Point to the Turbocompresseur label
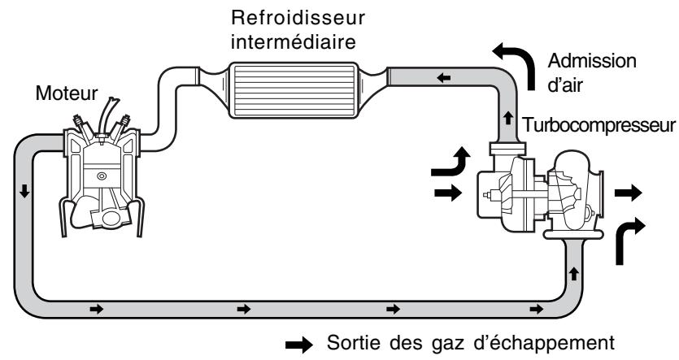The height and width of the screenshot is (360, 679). click(600, 127)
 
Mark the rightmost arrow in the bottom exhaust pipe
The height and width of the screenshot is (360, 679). click(536, 310)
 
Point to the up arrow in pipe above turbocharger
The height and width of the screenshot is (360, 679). click(507, 119)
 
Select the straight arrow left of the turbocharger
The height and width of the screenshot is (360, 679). click(450, 193)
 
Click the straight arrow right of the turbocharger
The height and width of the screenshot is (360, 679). click(629, 193)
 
